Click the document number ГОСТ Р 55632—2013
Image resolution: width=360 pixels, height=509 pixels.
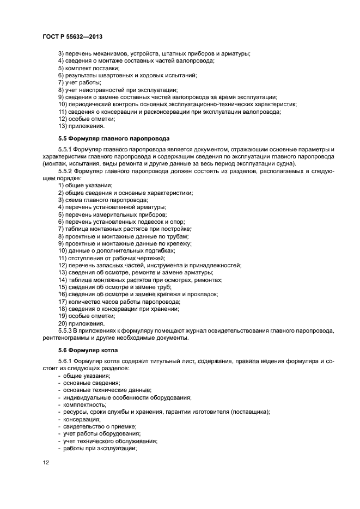click(x=72, y=36)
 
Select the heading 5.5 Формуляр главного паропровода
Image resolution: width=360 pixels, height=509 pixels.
click(x=114, y=138)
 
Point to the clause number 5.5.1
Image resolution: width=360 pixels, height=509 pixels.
click(x=65, y=149)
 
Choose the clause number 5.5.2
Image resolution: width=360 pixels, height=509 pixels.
click(x=65, y=171)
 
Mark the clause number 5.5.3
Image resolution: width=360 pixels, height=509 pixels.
click(x=65, y=331)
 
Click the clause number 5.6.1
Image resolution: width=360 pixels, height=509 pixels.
click(x=65, y=361)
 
